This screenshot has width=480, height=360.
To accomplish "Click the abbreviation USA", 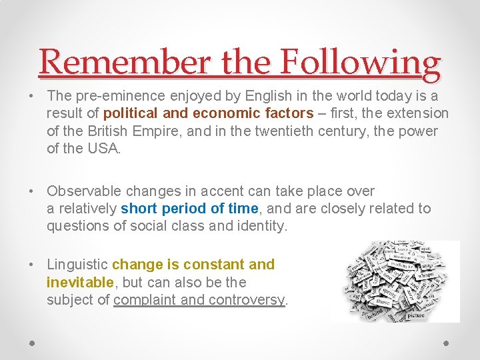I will point(103,148).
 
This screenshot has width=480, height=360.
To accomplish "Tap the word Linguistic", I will point(77,265).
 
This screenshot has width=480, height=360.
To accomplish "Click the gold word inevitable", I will point(80,282).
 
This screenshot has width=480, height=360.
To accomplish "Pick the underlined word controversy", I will point(246,299).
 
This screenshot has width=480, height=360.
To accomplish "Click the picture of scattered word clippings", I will point(395,281).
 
